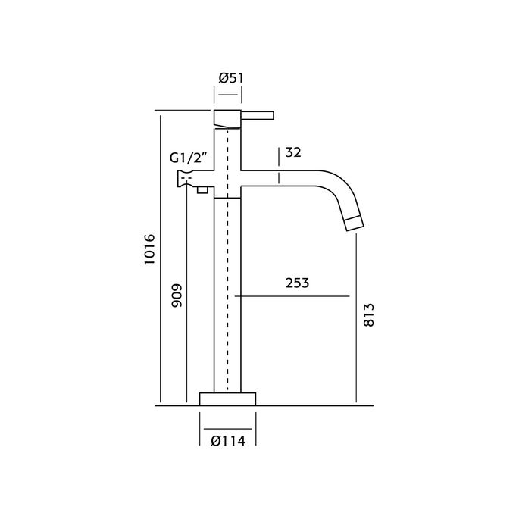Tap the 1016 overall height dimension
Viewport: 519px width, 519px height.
(x=149, y=249)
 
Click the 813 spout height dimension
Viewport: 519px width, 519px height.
(x=369, y=313)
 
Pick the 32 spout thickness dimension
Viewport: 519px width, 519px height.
(x=295, y=153)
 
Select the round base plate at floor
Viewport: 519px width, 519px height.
(x=228, y=399)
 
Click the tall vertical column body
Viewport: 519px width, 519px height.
(x=228, y=303)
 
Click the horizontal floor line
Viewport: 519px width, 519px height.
(x=318, y=405)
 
